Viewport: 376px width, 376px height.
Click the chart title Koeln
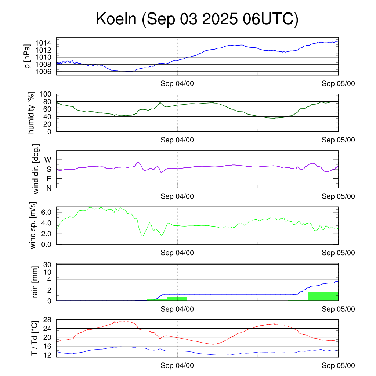coord(197,19)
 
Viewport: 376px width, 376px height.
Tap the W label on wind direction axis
coord(48,160)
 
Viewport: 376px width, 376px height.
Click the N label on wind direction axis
coord(48,188)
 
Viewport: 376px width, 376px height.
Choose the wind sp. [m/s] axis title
coord(34,225)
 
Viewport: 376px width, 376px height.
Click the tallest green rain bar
coord(323,296)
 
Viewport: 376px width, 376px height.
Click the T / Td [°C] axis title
coord(34,338)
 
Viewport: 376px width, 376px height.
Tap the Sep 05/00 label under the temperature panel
coord(339,366)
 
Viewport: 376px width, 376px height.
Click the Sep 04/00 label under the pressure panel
coord(177,84)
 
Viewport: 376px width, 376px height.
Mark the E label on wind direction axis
coord(48,178)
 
